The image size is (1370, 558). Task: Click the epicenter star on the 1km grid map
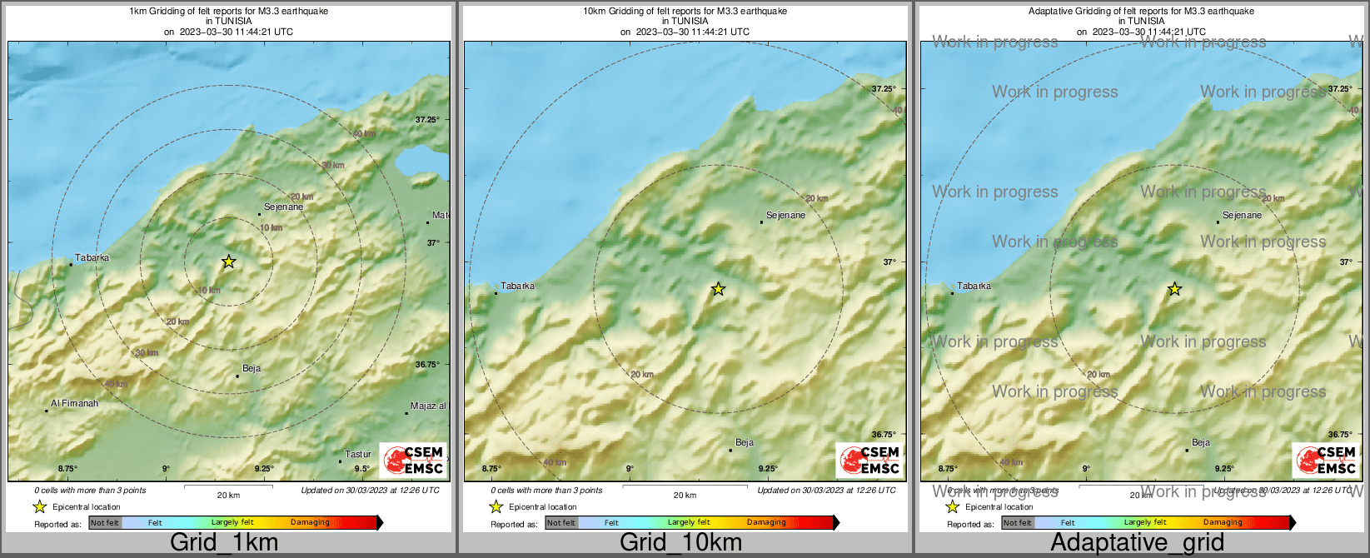click(x=229, y=262)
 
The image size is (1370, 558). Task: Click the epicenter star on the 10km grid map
click(x=718, y=289)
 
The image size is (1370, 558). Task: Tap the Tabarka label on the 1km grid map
click(x=92, y=258)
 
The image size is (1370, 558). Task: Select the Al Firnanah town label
click(x=74, y=404)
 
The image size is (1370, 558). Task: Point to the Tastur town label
click(x=358, y=455)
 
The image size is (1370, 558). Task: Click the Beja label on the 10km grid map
click(x=745, y=443)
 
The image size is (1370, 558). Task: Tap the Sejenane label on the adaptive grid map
click(x=1242, y=216)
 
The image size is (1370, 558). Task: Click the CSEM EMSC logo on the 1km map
click(x=413, y=460)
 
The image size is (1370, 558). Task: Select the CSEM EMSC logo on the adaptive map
click(x=1326, y=460)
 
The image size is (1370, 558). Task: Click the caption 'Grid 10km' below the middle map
click(x=680, y=543)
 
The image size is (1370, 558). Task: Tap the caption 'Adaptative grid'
click(x=1137, y=543)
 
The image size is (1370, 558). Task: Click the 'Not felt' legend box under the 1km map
click(x=105, y=523)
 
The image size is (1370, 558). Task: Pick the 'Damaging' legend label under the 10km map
click(x=766, y=523)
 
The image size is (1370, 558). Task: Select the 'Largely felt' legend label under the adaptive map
click(x=1145, y=523)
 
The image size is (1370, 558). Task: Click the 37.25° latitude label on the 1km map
click(x=427, y=120)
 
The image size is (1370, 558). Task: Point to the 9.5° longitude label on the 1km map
click(x=361, y=469)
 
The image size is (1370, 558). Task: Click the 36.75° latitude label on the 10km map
click(x=884, y=435)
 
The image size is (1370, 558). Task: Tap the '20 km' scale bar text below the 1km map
click(x=228, y=496)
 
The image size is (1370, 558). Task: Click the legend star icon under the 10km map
click(x=496, y=506)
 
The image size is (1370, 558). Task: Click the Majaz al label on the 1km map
click(x=428, y=406)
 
